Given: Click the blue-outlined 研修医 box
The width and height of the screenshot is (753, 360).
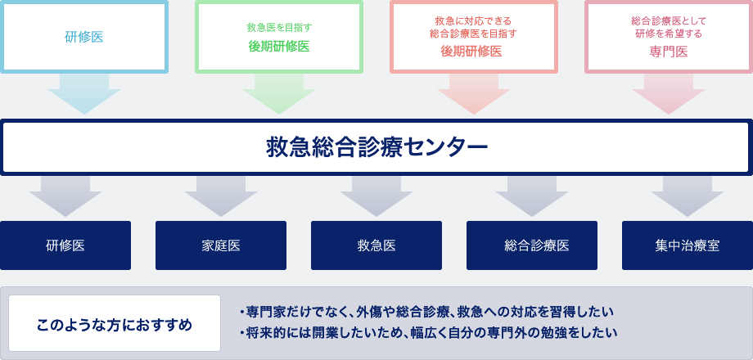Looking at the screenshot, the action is click(x=84, y=37).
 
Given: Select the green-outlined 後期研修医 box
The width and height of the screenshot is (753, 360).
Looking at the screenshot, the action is click(x=279, y=37).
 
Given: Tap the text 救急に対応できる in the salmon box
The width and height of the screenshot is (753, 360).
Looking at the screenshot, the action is click(x=474, y=21).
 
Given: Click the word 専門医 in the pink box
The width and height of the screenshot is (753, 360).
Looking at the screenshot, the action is click(x=669, y=52).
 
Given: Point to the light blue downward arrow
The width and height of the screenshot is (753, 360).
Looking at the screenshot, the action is click(x=84, y=93).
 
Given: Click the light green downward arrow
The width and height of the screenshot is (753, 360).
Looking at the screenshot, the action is click(x=279, y=93).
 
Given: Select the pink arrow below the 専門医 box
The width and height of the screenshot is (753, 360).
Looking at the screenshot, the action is click(x=669, y=93).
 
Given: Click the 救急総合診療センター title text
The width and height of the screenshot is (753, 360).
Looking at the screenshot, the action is click(x=377, y=147).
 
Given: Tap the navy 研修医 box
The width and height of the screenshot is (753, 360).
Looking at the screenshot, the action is click(x=65, y=245).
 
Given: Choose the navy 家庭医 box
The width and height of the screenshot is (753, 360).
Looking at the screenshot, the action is click(x=221, y=245).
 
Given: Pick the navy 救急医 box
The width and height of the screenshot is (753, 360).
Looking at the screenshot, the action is click(x=376, y=245).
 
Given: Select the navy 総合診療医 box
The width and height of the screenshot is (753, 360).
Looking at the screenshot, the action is click(x=532, y=245).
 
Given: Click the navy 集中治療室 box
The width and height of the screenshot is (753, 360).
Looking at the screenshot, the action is click(x=688, y=245).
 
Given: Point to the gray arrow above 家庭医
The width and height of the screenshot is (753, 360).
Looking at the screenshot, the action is click(x=221, y=196).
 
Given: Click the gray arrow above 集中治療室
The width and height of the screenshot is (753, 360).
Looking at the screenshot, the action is click(x=688, y=196).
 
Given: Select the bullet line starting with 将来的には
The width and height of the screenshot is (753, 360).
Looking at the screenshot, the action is click(x=428, y=333).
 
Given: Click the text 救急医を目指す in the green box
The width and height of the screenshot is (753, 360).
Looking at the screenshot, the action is click(x=279, y=27).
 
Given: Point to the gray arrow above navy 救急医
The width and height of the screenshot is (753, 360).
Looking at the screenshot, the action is click(x=376, y=196).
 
